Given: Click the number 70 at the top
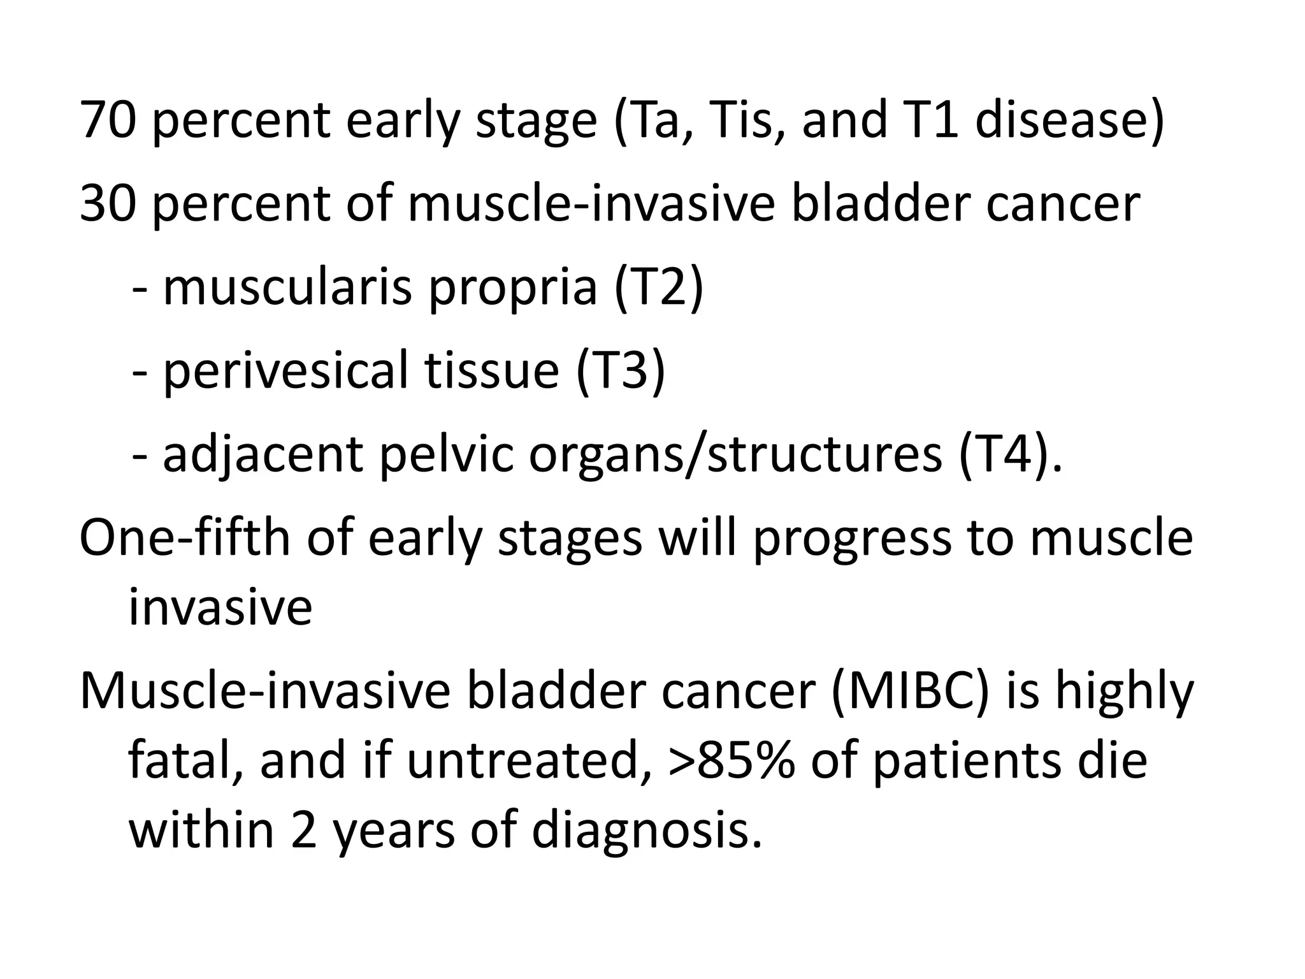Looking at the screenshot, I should (x=108, y=120).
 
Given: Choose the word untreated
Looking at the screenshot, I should (x=522, y=761).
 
